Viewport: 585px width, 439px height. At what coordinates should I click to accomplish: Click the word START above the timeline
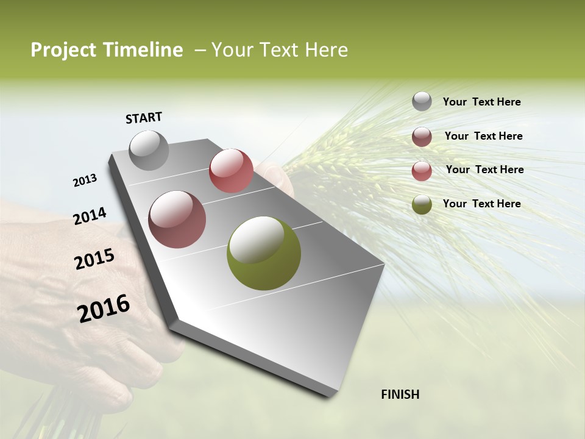click(x=144, y=118)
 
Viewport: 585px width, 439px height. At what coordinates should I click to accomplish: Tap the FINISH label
click(x=400, y=394)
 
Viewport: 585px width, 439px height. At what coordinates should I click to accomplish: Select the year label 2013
click(x=85, y=180)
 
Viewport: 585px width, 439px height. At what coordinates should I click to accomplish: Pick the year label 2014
click(x=90, y=216)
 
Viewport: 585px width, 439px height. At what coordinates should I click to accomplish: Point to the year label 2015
click(x=94, y=259)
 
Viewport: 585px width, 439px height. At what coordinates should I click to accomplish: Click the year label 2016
click(x=104, y=308)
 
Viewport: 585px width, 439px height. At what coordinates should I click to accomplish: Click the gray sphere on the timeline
click(x=149, y=150)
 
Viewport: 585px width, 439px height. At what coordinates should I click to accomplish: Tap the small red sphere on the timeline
click(x=231, y=170)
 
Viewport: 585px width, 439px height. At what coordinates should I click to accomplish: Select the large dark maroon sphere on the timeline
click(x=177, y=220)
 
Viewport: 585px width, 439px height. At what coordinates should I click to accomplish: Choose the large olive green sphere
click(x=264, y=253)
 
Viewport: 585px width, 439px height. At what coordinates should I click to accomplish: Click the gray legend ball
click(x=422, y=102)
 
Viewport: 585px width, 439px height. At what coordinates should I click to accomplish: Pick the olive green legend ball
click(x=422, y=204)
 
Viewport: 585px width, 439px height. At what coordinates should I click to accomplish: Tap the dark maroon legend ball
click(x=422, y=137)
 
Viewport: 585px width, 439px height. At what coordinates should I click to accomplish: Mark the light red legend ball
click(x=422, y=171)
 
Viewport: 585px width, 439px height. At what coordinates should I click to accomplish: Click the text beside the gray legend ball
click(x=481, y=102)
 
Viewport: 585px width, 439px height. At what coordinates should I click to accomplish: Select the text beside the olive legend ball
click(x=481, y=204)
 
